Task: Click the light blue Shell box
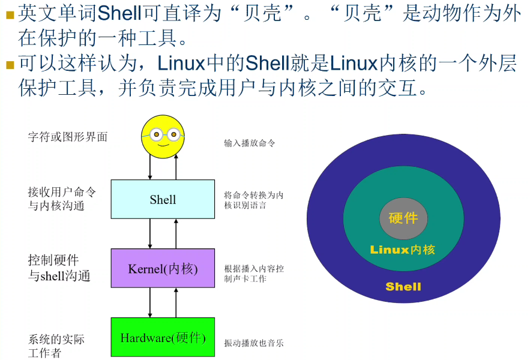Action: click(163, 199)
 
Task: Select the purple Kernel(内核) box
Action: click(163, 268)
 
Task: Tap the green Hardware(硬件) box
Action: click(163, 337)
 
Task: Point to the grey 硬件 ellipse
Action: click(403, 218)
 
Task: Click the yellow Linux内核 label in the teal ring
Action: click(403, 250)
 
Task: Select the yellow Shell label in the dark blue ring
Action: click(403, 286)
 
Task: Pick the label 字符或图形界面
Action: click(68, 137)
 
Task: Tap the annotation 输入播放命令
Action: click(250, 143)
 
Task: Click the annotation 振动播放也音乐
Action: click(254, 343)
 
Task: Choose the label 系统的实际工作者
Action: click(56, 346)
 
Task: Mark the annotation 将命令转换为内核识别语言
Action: click(254, 200)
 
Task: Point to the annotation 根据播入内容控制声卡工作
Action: click(254, 274)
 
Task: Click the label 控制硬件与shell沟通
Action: click(59, 268)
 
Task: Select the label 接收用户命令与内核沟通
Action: click(62, 199)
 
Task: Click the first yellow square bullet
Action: click(10, 14)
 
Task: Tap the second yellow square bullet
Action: click(10, 64)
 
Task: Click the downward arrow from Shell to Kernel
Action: click(150, 233)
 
